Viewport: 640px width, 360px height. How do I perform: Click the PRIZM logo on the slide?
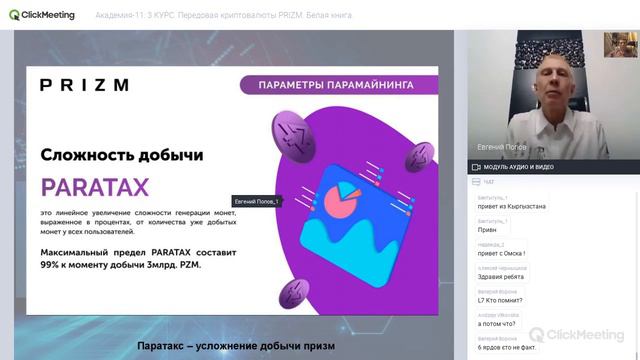pyautogui.click(x=84, y=85)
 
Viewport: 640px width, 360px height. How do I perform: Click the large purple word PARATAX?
pyautogui.click(x=95, y=187)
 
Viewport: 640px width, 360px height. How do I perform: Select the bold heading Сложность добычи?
pyautogui.click(x=122, y=155)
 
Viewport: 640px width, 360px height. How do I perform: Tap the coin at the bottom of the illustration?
pyautogui.click(x=293, y=293)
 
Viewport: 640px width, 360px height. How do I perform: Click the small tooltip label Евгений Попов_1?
pyautogui.click(x=256, y=201)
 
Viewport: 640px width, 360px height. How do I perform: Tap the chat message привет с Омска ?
pyautogui.click(x=502, y=253)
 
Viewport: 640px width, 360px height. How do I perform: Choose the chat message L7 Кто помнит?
pyautogui.click(x=501, y=300)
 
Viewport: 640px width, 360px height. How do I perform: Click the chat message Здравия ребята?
pyautogui.click(x=501, y=277)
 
